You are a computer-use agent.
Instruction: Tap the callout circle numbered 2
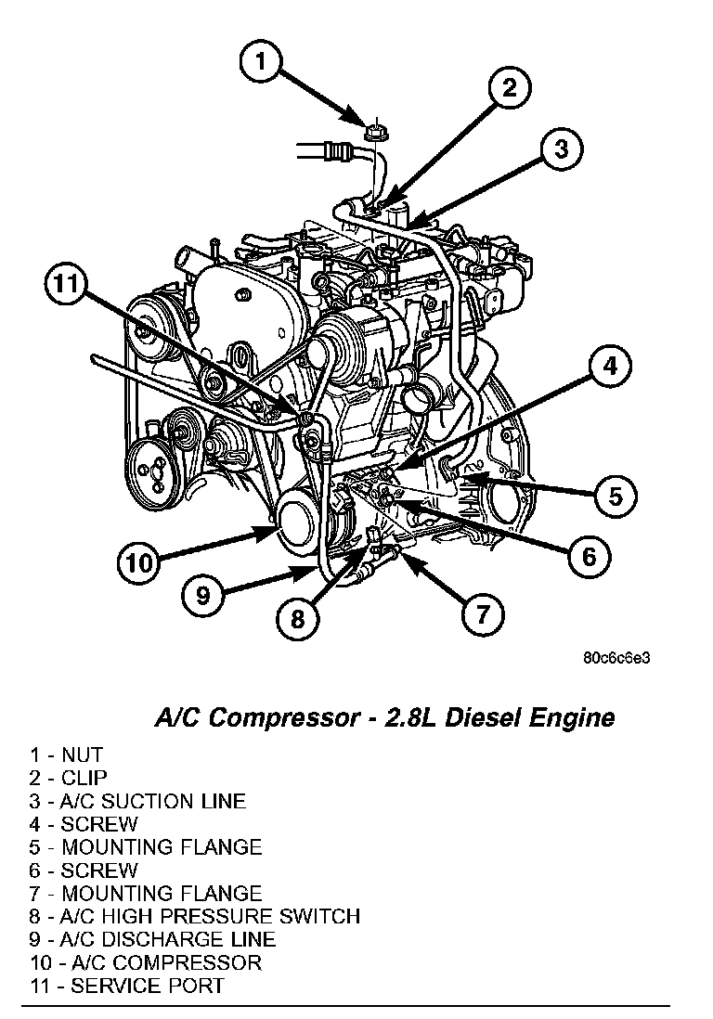[509, 90]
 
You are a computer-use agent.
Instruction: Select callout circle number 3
[562, 150]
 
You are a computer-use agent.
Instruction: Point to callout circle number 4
[608, 367]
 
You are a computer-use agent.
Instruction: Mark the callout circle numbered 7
[483, 613]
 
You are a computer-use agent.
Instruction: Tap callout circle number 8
[297, 618]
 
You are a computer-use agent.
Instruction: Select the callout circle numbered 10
[139, 562]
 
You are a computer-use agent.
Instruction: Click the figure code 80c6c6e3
[616, 659]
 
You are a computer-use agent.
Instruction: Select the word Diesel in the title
[480, 717]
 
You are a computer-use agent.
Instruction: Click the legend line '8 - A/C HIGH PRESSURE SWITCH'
[194, 917]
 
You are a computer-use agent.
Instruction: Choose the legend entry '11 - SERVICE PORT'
[126, 986]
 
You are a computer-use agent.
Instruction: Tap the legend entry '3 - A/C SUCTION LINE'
[137, 801]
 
